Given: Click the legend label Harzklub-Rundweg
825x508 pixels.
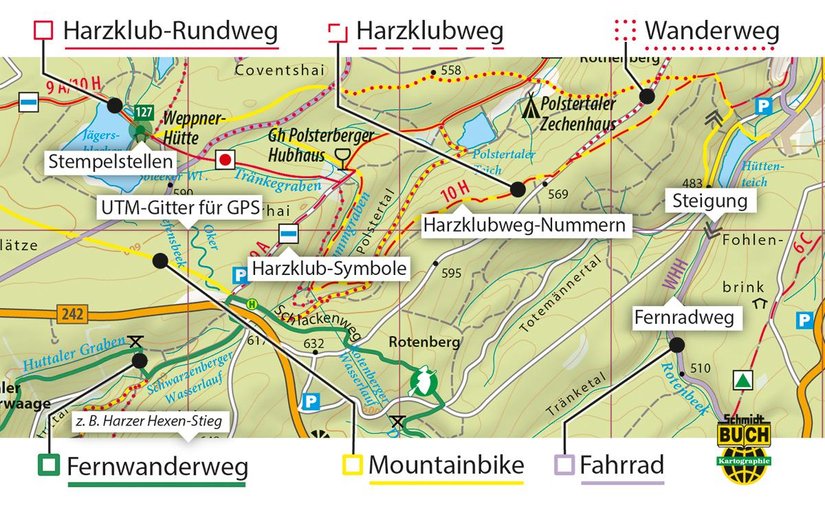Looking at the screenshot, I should [x=170, y=31].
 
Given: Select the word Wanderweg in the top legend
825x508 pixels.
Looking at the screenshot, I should [x=712, y=31].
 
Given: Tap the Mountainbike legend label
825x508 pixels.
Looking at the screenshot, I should [x=445, y=465].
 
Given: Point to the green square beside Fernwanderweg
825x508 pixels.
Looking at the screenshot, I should [x=49, y=465].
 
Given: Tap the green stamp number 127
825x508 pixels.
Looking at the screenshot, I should [x=143, y=112].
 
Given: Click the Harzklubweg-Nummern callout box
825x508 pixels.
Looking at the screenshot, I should [x=526, y=225].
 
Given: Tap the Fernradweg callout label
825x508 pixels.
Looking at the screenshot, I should [x=683, y=318].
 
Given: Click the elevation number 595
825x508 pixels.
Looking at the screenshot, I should [x=451, y=273].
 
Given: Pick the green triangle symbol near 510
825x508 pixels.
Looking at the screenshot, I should [x=742, y=379].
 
